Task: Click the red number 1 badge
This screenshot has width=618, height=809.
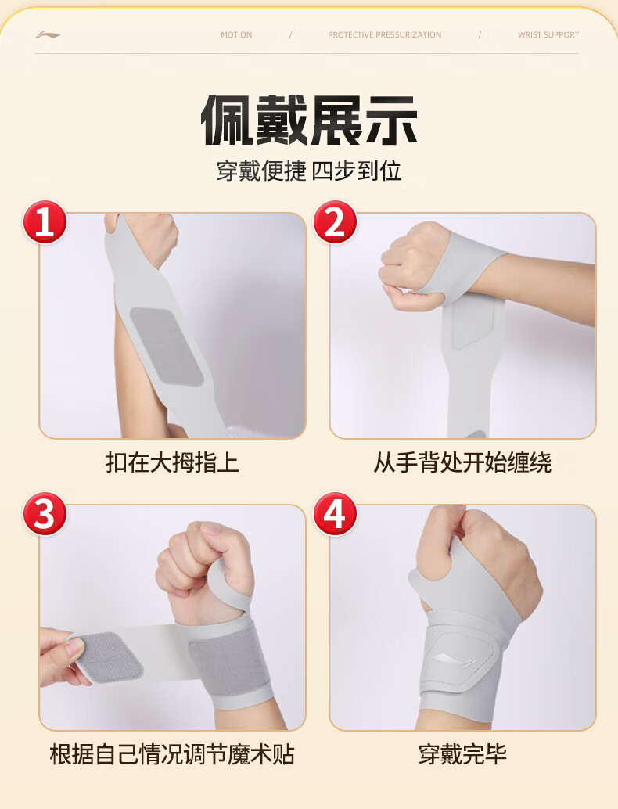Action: pyautogui.click(x=45, y=222)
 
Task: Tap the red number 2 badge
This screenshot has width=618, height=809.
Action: pyautogui.click(x=335, y=222)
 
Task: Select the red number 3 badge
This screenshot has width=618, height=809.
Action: pyautogui.click(x=45, y=513)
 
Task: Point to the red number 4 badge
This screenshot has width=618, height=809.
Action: pyautogui.click(x=335, y=513)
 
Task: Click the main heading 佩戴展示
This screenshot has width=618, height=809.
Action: pyautogui.click(x=308, y=120)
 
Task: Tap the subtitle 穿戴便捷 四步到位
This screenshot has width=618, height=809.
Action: pyautogui.click(x=308, y=171)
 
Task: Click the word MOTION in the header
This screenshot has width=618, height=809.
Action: pyautogui.click(x=236, y=34)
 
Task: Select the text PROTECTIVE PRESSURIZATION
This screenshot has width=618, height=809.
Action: pyautogui.click(x=384, y=34)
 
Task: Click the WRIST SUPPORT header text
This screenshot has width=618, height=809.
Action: pyautogui.click(x=548, y=34)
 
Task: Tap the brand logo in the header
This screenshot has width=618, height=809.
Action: pyautogui.click(x=48, y=35)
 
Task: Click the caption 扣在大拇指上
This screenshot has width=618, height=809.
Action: pyautogui.click(x=172, y=462)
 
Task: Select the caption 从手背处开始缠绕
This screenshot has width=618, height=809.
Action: pyautogui.click(x=462, y=462)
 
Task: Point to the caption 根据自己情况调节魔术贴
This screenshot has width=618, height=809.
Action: pyautogui.click(x=172, y=754)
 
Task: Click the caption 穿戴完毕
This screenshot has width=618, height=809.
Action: pyautogui.click(x=462, y=754)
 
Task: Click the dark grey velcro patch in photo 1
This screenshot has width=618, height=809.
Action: pyautogui.click(x=166, y=346)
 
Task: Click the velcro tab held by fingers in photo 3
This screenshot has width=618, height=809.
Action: pyautogui.click(x=106, y=656)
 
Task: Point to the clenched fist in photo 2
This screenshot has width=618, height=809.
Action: pyautogui.click(x=413, y=266)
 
